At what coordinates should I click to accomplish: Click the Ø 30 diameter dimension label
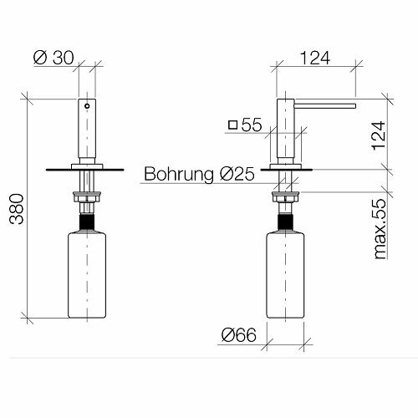click(x=54, y=58)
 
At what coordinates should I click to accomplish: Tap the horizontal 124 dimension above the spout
click(x=315, y=59)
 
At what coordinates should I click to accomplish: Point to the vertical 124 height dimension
click(x=380, y=135)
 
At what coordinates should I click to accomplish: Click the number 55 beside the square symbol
click(x=252, y=125)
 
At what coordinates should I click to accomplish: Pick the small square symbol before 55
click(x=232, y=125)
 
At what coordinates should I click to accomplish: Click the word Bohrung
click(x=179, y=175)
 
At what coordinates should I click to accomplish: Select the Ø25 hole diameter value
click(x=237, y=174)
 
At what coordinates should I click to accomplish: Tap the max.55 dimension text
click(x=380, y=229)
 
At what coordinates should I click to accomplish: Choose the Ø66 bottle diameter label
click(x=239, y=334)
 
